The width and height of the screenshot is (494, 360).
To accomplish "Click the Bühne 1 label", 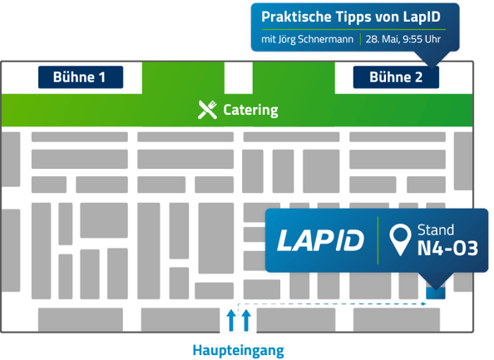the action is point(81,77).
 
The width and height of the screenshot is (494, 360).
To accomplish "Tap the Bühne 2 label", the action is point(396,77).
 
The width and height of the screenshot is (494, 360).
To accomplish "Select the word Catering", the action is point(250,110).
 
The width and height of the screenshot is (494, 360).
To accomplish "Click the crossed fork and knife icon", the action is point(207,110).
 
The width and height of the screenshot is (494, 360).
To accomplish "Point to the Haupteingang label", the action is point(238,351).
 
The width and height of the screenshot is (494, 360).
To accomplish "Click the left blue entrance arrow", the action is point(231,320).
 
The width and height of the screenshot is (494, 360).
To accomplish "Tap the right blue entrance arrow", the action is point(246,320).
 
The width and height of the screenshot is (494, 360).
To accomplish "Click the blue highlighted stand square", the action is point(436,293).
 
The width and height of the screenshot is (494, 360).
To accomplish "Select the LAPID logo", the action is point(320,240).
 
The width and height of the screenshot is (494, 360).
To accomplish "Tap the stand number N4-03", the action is point(447,249).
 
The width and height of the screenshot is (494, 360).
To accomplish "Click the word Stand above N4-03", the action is point(436,230).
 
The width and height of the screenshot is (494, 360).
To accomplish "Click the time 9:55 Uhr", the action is point(422,39).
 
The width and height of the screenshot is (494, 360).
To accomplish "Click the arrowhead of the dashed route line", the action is point(424,304).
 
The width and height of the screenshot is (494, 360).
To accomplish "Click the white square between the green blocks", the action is point(239,78).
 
